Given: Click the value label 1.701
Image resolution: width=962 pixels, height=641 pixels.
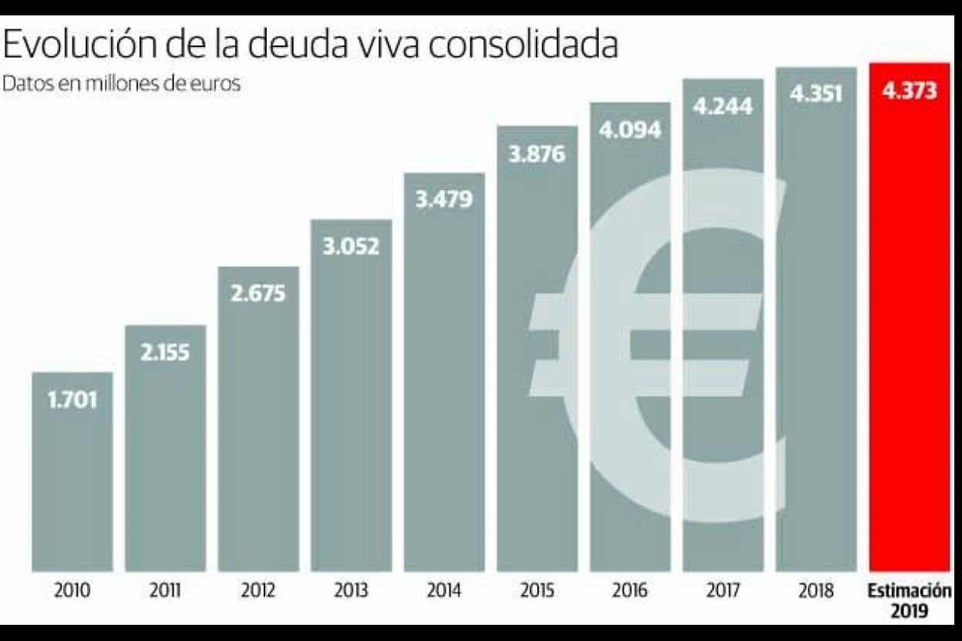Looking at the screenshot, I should click(72, 401).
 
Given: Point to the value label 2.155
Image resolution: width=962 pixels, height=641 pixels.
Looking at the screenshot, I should click(165, 353).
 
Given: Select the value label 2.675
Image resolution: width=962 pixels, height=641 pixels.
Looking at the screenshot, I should click(258, 294).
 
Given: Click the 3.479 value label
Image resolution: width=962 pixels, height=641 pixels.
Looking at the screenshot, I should click(444, 200).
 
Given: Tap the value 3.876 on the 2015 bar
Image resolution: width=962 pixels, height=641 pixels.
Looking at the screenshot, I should click(537, 153).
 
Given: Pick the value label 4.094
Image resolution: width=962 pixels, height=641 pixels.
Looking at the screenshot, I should click(631, 129).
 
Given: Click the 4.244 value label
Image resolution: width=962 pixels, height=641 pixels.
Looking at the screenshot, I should click(723, 106).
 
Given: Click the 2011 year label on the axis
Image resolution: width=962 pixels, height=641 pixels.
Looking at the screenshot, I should click(165, 592).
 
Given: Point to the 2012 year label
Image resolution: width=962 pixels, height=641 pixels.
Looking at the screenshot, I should click(258, 592).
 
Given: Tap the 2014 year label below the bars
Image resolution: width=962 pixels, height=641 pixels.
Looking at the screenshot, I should click(444, 592).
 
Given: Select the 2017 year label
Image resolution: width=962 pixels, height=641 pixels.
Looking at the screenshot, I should click(723, 592).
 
